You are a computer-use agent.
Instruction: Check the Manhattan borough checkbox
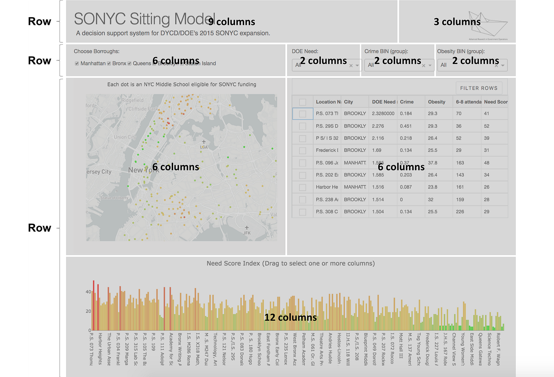(77, 63)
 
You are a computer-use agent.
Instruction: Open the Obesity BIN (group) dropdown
(472, 65)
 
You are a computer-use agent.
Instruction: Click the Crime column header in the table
(407, 102)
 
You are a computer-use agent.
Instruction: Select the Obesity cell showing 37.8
(433, 163)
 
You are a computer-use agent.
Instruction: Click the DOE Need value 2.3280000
(383, 114)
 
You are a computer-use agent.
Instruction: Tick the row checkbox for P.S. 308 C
(303, 212)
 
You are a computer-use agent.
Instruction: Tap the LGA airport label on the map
(204, 146)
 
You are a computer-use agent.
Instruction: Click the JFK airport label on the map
(247, 233)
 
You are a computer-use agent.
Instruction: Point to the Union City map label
(125, 137)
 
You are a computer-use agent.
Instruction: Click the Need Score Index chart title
(290, 263)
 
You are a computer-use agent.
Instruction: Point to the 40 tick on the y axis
(88, 292)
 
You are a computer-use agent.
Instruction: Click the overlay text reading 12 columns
(290, 317)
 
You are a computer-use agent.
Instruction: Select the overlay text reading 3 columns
(457, 22)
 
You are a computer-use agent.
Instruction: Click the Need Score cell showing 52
(487, 126)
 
